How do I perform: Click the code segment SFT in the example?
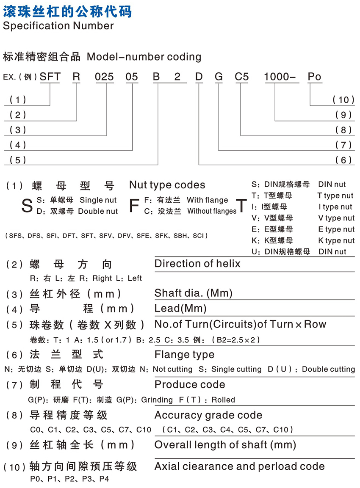point(50,77)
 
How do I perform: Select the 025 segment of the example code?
point(104,77)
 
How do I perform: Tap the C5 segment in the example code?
point(242,77)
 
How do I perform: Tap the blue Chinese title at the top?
point(67,11)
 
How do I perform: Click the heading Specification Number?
point(58,26)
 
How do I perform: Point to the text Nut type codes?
point(167,185)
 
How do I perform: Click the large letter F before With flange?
point(134,206)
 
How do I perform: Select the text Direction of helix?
point(197,264)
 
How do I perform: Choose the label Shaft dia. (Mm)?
point(194,293)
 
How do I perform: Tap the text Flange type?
point(184,355)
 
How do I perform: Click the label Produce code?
point(190,385)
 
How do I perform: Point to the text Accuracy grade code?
point(208,415)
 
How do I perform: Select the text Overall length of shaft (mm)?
point(225,445)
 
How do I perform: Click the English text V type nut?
point(336,218)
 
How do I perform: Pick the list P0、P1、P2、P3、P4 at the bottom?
point(69,480)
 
